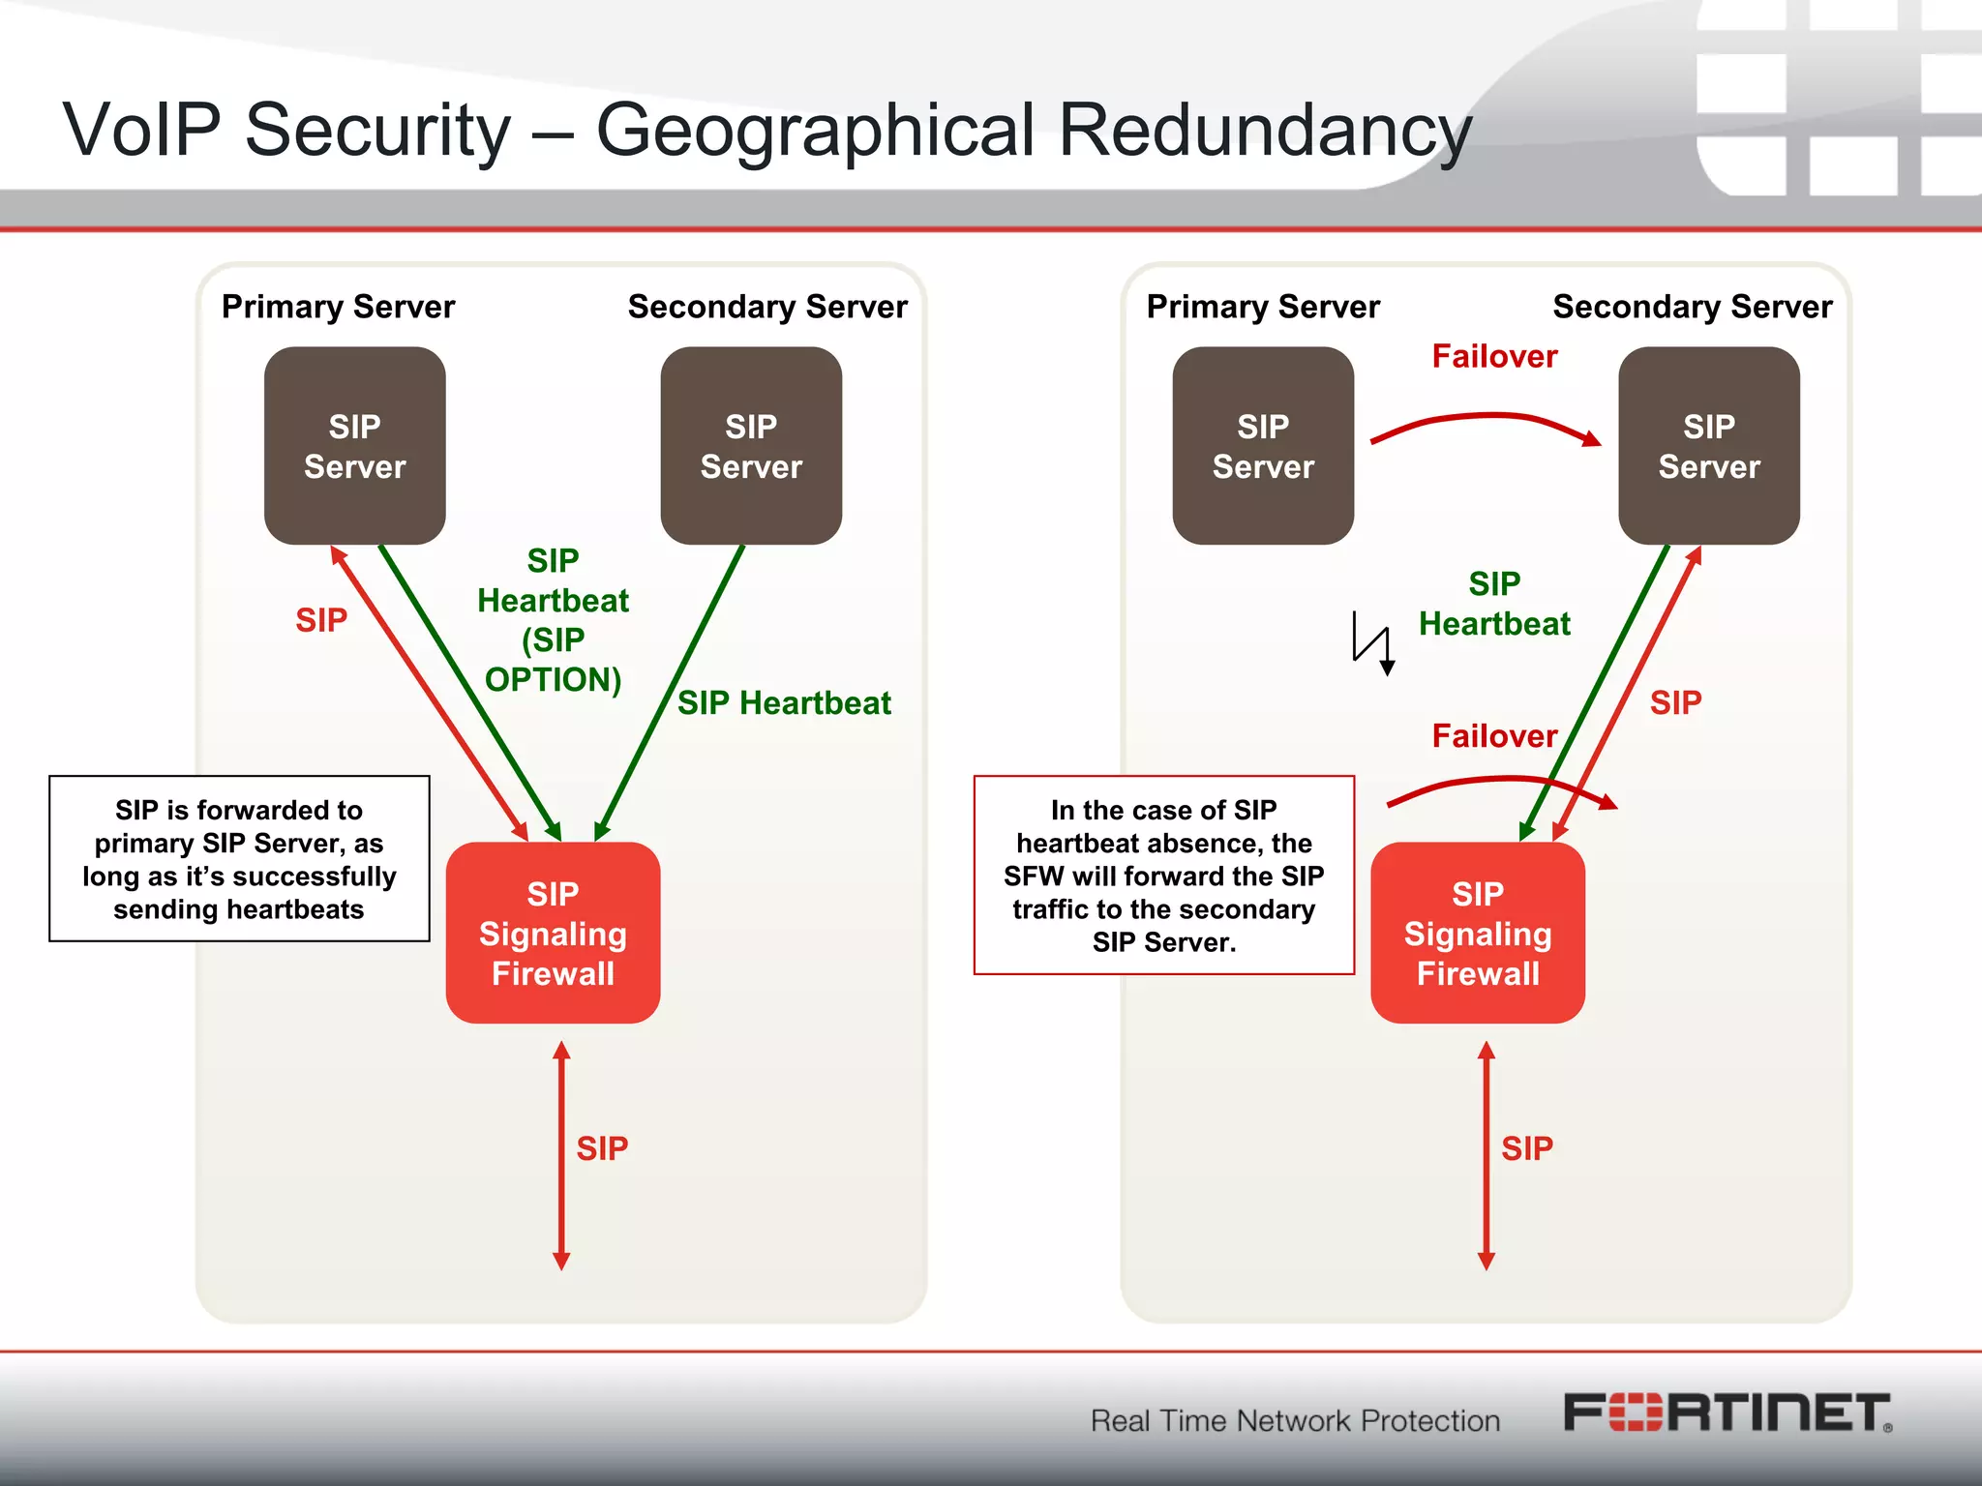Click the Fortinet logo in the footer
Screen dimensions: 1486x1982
(x=1727, y=1413)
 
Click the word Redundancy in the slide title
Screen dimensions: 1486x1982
(x=1265, y=130)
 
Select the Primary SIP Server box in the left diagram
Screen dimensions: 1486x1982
(x=354, y=446)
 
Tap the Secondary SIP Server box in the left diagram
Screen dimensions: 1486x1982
(x=751, y=446)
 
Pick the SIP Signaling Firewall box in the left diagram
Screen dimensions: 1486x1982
(x=553, y=933)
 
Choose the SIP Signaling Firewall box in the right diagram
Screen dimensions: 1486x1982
(x=1478, y=933)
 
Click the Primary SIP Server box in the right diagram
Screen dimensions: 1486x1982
(x=1263, y=446)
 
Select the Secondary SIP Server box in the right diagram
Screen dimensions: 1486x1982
(x=1709, y=446)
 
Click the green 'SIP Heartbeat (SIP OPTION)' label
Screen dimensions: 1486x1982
(x=553, y=620)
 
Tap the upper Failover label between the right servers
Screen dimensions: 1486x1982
(x=1494, y=357)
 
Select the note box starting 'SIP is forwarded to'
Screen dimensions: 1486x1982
(x=239, y=859)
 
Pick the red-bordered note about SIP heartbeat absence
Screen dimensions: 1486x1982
(x=1164, y=876)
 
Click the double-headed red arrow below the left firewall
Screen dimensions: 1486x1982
(x=561, y=1156)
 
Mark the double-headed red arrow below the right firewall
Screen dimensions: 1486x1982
(x=1486, y=1156)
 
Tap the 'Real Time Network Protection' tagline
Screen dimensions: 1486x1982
(x=1295, y=1420)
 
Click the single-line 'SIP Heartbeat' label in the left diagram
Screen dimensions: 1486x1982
(x=784, y=703)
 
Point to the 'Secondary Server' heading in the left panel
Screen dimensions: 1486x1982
(x=767, y=307)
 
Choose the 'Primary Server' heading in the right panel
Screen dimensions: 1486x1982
(x=1263, y=307)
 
